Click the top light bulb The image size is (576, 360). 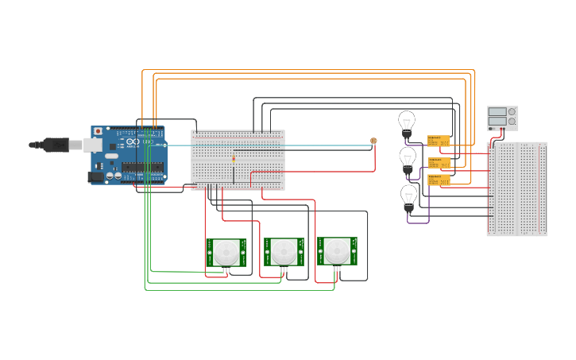pos(406,123)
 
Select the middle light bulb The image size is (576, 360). pos(408,158)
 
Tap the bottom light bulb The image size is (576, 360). pos(408,195)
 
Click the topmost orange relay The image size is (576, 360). pos(439,141)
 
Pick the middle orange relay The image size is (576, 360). pos(439,162)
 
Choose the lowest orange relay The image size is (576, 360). pos(439,180)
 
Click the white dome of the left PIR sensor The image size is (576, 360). pos(226,253)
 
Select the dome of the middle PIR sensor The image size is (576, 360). pos(284,253)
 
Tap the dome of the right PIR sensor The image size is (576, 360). pos(338,251)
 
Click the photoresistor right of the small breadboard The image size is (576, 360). pos(374,141)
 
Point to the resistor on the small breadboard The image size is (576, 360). pos(234,158)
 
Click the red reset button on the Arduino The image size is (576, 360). pos(99,131)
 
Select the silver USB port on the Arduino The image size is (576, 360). pos(93,145)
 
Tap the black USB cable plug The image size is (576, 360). pos(56,145)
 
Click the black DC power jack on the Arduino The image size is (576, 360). pos(95,177)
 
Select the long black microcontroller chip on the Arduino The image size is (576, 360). pos(143,168)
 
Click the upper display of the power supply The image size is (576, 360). pos(497,112)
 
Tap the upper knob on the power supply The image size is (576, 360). pos(512,112)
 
